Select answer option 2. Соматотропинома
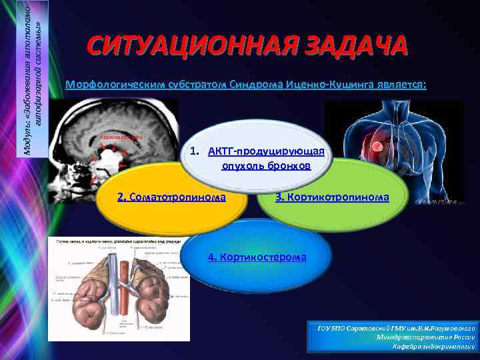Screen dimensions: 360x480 [171, 197]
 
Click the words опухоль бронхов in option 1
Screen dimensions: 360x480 [266, 165]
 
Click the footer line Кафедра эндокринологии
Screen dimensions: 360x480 [433, 346]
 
